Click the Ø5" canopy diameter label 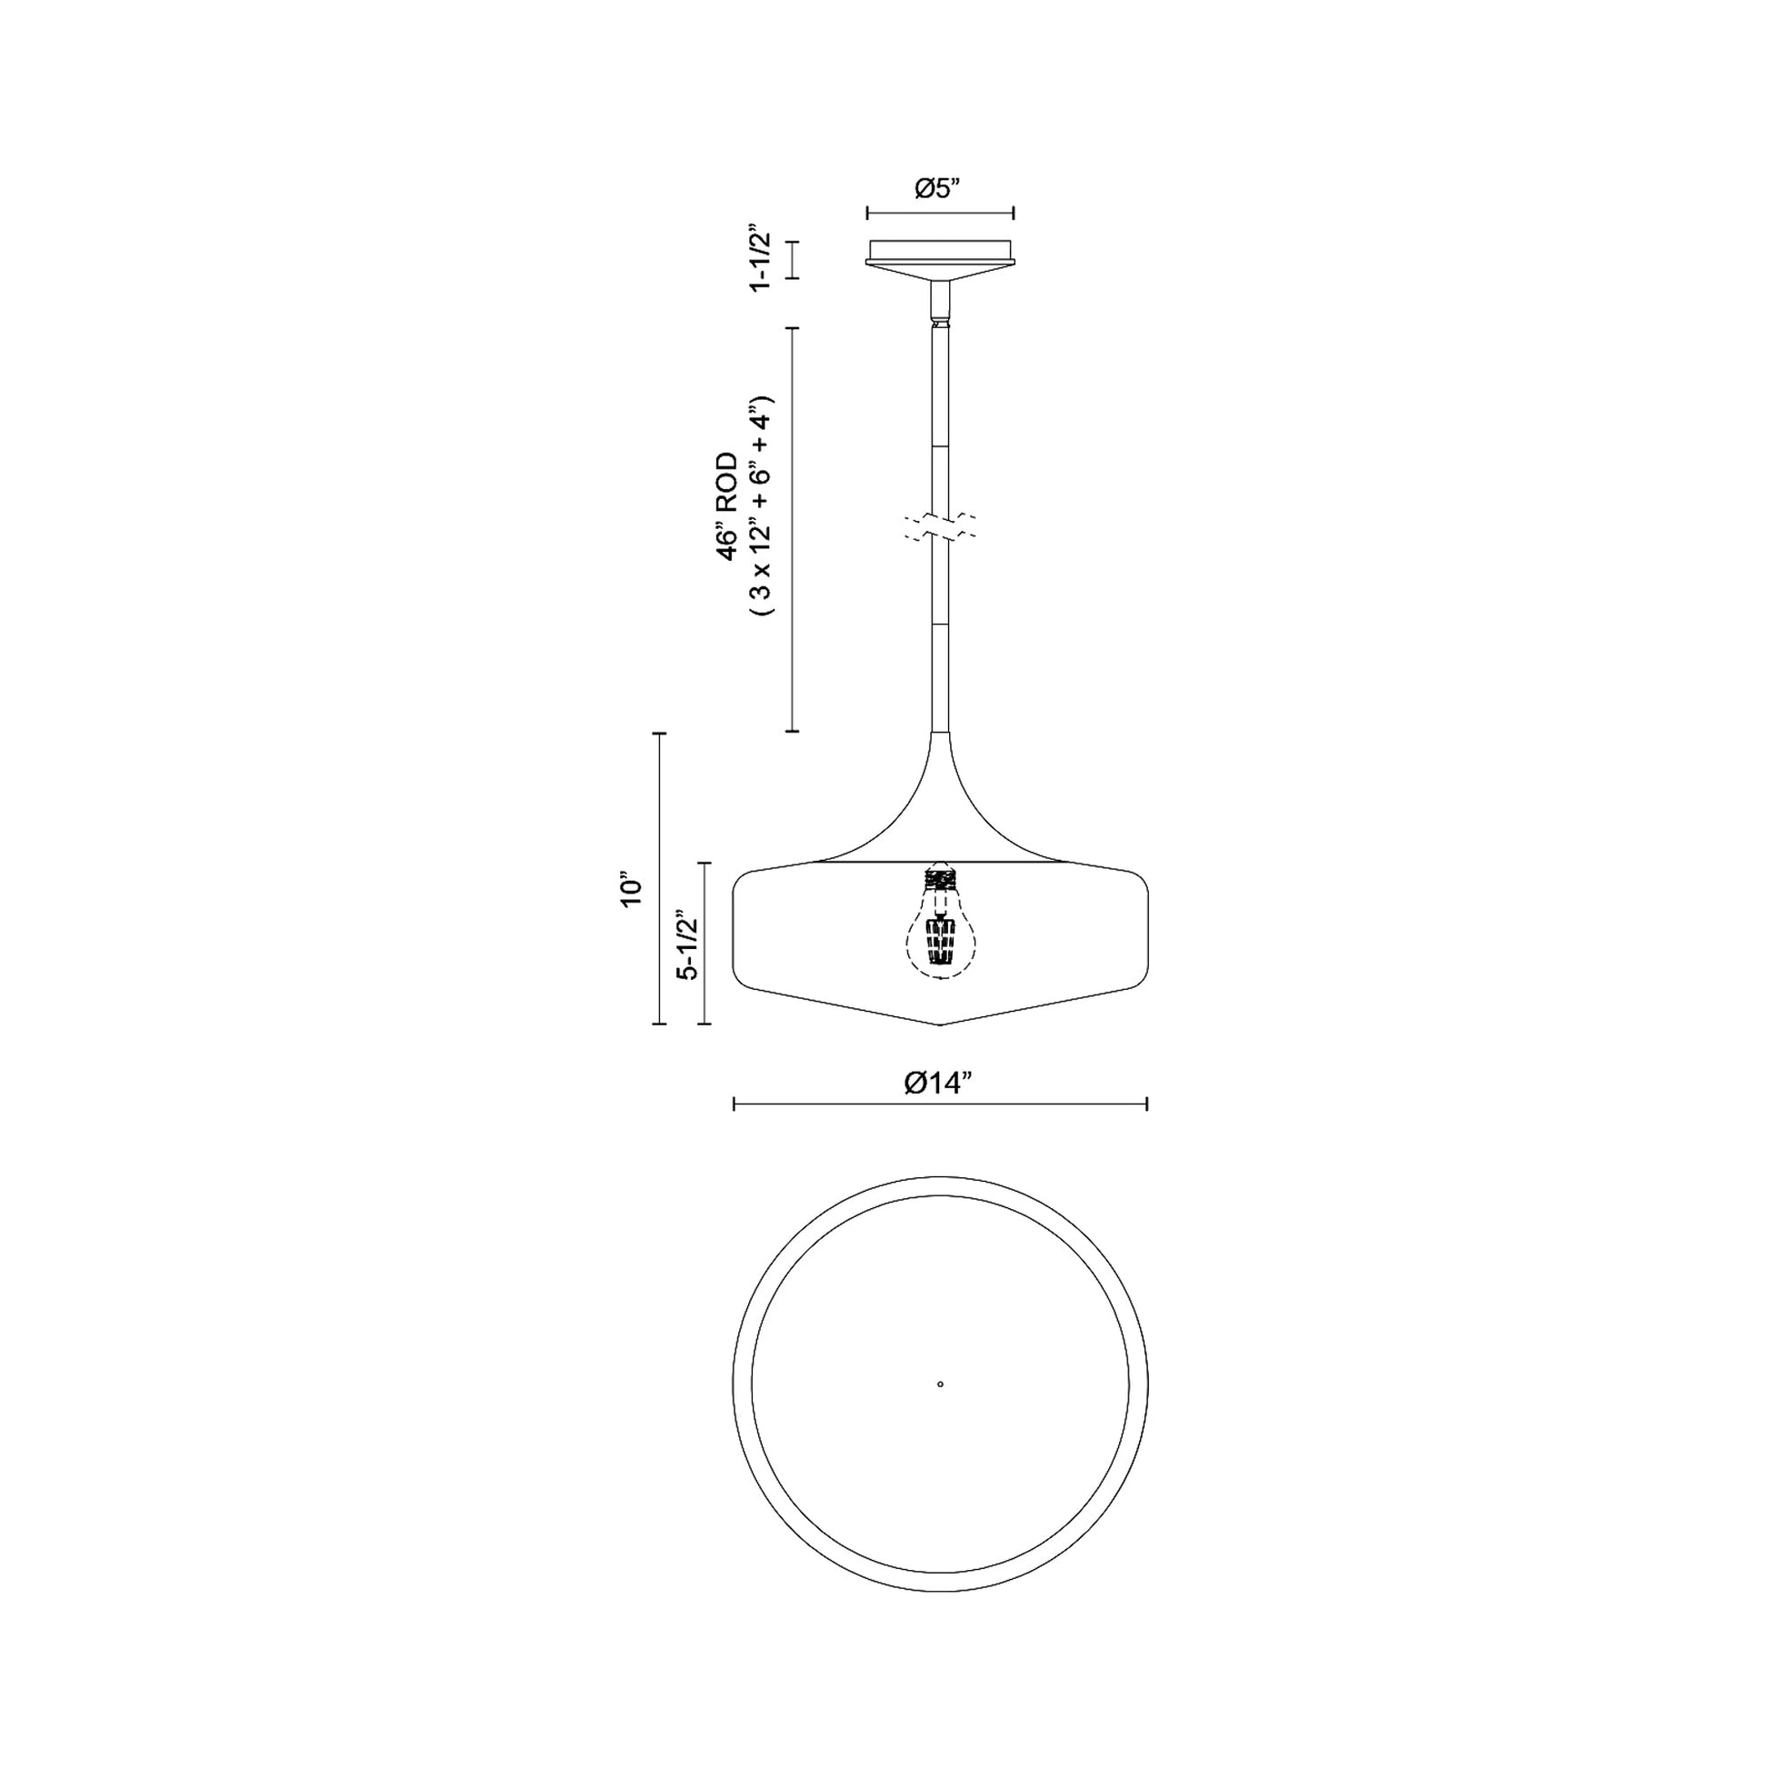pyautogui.click(x=940, y=188)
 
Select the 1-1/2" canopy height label pyautogui.click(x=760, y=257)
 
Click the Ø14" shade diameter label pyautogui.click(x=939, y=1083)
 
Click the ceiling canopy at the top pyautogui.click(x=940, y=260)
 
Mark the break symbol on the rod pyautogui.click(x=940, y=526)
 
